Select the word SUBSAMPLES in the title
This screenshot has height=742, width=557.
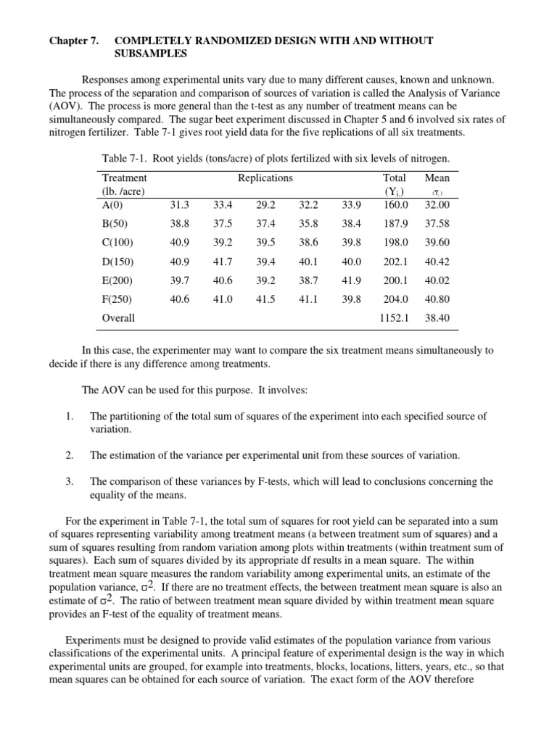click(x=151, y=54)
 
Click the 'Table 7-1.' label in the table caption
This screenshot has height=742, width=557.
click(x=126, y=158)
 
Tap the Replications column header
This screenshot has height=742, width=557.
click(x=265, y=178)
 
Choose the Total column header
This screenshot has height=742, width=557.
click(x=395, y=178)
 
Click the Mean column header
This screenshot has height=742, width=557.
click(x=437, y=178)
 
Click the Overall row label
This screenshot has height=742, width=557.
click(x=118, y=317)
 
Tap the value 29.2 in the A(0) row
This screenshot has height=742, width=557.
click(x=266, y=205)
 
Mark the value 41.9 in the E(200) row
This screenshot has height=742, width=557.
click(x=351, y=280)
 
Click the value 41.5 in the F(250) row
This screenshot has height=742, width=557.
click(x=266, y=299)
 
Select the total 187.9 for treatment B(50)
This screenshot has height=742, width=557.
click(x=396, y=224)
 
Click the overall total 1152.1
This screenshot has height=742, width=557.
click(x=394, y=317)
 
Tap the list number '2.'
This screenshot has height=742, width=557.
click(x=69, y=455)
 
